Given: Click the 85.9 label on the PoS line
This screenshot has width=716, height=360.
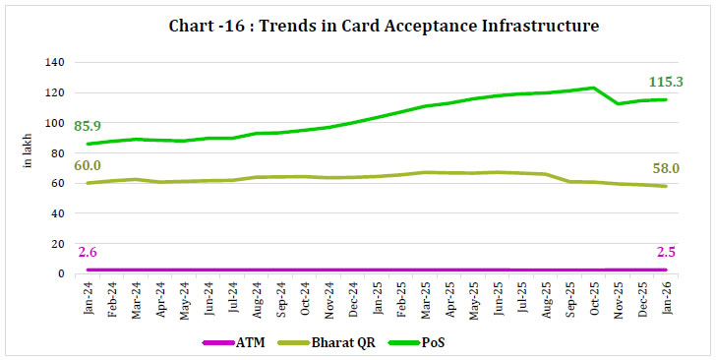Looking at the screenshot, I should [x=87, y=127].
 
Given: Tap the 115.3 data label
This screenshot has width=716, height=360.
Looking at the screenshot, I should [x=668, y=82].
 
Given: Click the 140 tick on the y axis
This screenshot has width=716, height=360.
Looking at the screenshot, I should [x=55, y=62].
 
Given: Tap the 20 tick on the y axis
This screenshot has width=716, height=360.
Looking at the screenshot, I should [x=58, y=244].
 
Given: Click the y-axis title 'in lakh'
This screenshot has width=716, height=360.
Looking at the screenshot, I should [x=28, y=167].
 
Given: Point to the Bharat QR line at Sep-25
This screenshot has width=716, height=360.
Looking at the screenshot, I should [x=570, y=181].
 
